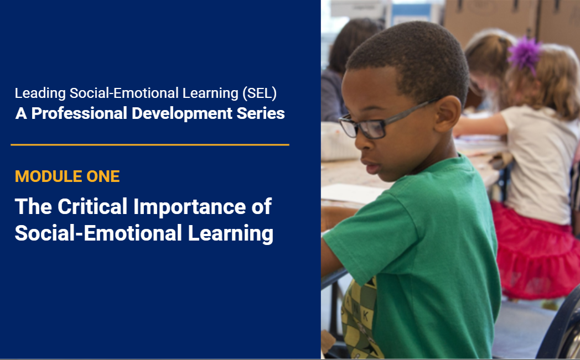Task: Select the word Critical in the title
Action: (92, 206)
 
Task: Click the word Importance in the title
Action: (189, 207)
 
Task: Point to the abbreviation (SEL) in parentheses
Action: (260, 93)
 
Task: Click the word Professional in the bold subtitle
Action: (79, 113)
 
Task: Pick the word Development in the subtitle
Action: (182, 114)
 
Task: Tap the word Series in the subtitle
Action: (261, 113)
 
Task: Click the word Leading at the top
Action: (40, 93)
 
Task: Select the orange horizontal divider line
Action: (150, 145)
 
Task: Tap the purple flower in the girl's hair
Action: (525, 54)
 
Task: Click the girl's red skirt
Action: (536, 251)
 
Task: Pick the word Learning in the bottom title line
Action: (230, 233)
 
